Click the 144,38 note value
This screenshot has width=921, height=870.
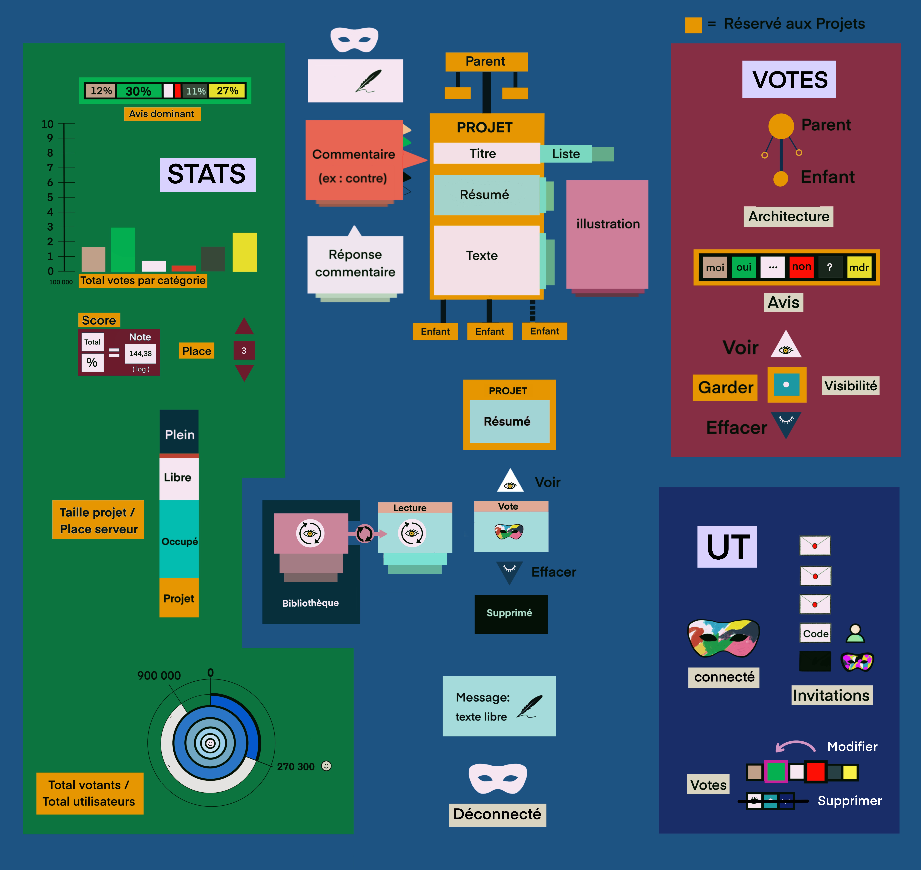point(140,353)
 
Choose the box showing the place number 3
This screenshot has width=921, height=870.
point(244,351)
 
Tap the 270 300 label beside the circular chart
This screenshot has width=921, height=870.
point(296,767)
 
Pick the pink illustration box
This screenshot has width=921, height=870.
point(607,234)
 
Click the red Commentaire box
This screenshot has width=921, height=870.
point(354,160)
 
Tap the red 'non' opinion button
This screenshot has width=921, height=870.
point(801,267)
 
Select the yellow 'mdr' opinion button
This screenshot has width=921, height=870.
point(859,267)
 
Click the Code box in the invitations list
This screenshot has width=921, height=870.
point(815,634)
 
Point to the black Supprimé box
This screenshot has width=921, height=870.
point(511,614)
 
